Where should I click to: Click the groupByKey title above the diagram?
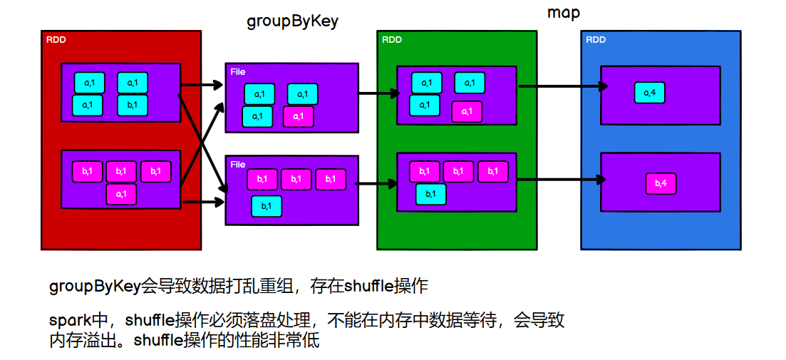[292, 21]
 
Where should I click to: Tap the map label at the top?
[564, 13]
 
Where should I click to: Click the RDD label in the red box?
[56, 40]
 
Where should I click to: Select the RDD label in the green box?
[392, 40]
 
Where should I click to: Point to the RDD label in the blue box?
[596, 40]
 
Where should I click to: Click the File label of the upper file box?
[238, 72]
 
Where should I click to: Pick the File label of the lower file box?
[238, 165]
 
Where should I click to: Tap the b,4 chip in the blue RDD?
[661, 184]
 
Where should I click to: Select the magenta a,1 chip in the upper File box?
[298, 116]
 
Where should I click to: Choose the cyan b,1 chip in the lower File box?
[266, 206]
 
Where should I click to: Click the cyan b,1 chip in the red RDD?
[132, 105]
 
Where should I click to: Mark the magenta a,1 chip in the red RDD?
[121, 194]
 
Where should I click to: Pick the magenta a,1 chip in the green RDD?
[467, 111]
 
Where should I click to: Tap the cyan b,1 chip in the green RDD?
[431, 194]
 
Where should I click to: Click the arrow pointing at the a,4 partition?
[563, 86]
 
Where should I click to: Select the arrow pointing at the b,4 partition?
[563, 180]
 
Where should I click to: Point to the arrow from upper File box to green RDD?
[378, 93]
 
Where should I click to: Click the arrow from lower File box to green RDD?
[376, 184]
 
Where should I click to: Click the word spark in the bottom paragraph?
[68, 321]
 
